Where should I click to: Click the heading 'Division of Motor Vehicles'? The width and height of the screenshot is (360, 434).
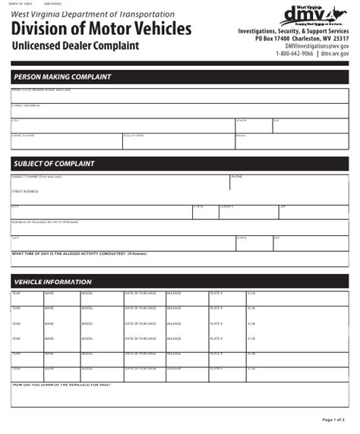[101, 29]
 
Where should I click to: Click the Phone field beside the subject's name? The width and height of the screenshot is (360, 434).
[289, 181]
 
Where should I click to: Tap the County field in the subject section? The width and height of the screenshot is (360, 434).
[248, 212]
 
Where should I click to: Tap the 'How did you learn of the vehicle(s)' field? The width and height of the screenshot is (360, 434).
[179, 395]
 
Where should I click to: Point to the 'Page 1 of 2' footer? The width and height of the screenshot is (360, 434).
[333, 420]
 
